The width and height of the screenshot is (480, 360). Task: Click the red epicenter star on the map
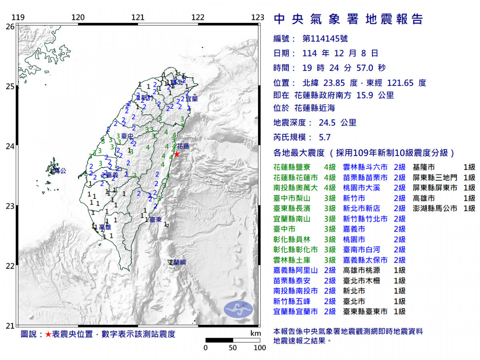coord(176,154)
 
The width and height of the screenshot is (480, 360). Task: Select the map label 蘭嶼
coord(177,262)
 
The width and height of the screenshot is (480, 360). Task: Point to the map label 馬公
coord(60,171)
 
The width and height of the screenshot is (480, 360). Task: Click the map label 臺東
coord(156,220)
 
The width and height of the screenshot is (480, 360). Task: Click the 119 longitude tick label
coord(18,18)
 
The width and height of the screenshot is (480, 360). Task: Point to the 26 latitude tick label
coord(10,26)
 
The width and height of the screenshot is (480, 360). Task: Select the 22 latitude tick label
coord(10,266)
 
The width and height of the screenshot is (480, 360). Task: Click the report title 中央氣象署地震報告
coord(348,19)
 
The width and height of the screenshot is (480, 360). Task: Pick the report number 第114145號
coord(325,39)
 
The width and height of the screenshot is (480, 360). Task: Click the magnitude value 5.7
coord(325,137)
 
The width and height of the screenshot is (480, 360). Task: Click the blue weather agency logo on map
coord(238,310)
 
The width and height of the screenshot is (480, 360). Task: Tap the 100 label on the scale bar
coord(260,348)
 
